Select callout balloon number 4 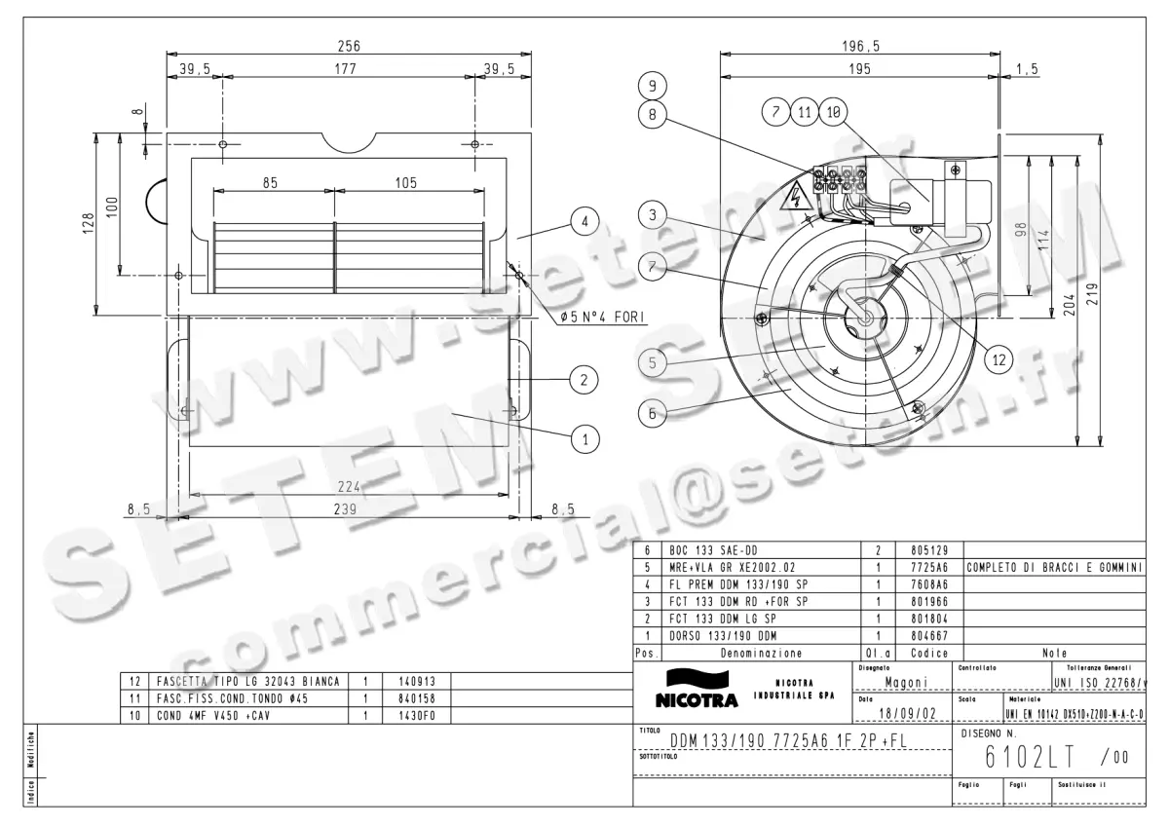tap(584, 223)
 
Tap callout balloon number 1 tap(584, 439)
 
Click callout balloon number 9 tap(653, 85)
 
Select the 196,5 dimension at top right tap(860, 46)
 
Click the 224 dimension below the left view tap(349, 487)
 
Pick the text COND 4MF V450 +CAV tap(211, 715)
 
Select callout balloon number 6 tap(653, 412)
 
